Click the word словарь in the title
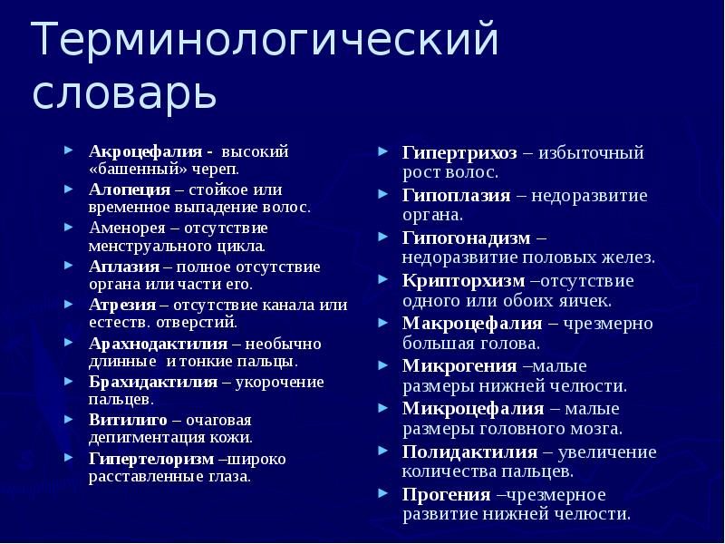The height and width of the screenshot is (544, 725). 124,93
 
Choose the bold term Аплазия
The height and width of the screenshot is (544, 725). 124,267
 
